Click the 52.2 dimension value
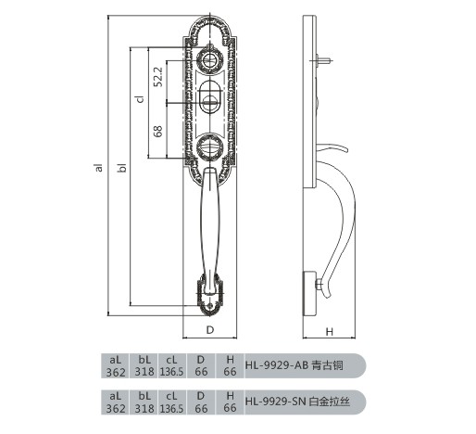[x=158, y=77]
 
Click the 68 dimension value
[x=158, y=131]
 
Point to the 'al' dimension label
[x=99, y=167]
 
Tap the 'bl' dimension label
[x=122, y=167]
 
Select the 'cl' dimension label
[x=140, y=98]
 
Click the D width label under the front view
[x=210, y=330]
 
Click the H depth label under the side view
[x=330, y=332]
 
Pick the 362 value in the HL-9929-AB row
[x=116, y=372]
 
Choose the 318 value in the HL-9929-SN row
[x=144, y=408]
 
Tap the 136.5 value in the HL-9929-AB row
[x=171, y=372]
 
